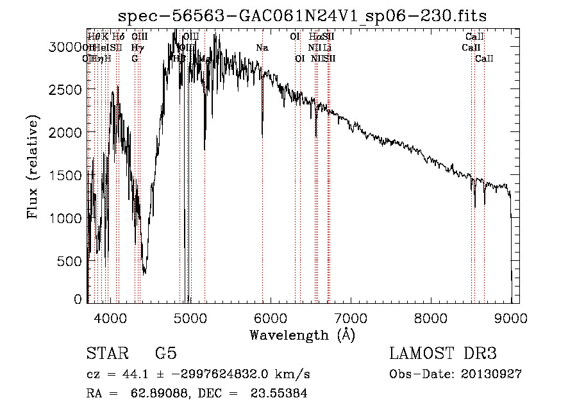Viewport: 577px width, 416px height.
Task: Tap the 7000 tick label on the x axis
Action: (351, 317)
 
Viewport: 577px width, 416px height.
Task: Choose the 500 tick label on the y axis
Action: (71, 261)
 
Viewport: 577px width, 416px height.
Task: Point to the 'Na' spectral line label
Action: (262, 48)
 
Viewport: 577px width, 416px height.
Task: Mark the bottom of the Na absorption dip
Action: (262, 136)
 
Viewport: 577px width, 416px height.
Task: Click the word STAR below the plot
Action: (106, 354)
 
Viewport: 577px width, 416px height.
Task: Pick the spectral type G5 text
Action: (165, 354)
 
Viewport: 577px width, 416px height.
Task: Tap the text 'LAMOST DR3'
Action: (443, 354)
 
